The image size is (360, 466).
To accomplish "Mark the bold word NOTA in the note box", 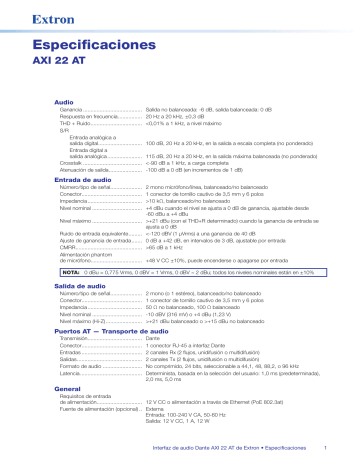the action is click(x=71, y=272).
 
